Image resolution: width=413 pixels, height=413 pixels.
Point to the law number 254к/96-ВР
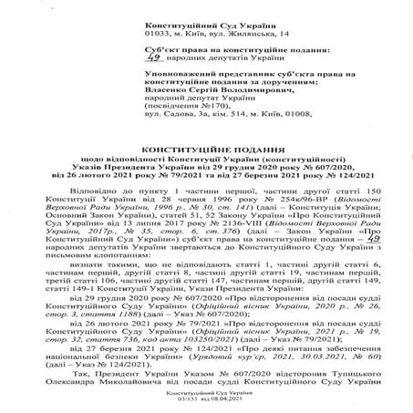307,200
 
